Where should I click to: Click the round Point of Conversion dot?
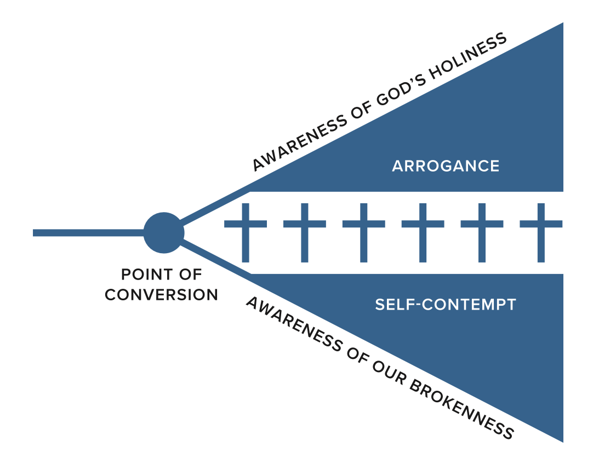[x=163, y=233]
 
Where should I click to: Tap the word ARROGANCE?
[x=446, y=166]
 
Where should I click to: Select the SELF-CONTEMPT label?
[x=446, y=305]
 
